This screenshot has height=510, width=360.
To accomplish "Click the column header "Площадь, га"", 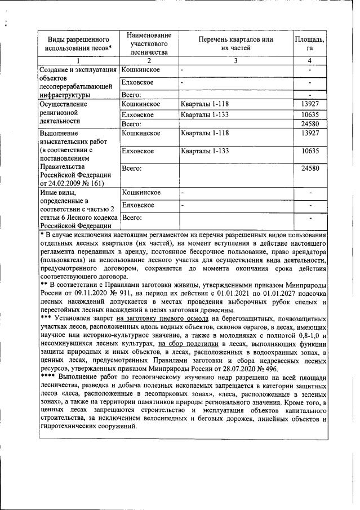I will [x=309, y=43].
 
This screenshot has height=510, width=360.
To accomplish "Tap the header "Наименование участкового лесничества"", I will [x=149, y=43].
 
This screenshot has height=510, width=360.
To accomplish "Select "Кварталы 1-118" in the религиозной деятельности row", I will [x=205, y=104].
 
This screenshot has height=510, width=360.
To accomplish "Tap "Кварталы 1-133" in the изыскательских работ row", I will [x=205, y=151].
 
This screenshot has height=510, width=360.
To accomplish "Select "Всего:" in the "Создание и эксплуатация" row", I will [x=131, y=95].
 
